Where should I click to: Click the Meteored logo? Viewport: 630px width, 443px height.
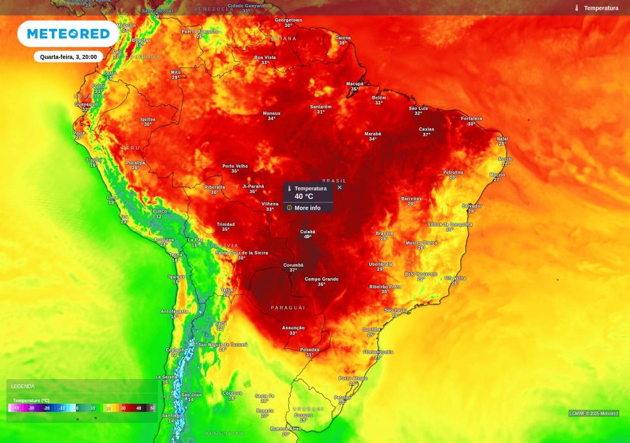point(68,33)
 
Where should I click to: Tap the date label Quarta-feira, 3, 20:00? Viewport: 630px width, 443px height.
point(68,57)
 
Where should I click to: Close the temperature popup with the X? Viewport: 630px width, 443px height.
point(339,187)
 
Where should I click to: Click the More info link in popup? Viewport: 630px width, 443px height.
point(307,208)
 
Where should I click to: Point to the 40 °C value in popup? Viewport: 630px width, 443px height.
point(303,196)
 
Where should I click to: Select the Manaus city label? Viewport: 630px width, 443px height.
point(271,113)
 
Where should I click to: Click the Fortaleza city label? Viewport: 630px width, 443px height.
point(471,118)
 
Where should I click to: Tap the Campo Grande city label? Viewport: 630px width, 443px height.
point(322,279)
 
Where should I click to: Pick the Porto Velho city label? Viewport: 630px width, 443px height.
point(235,166)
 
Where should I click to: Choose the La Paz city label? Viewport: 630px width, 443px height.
point(195,239)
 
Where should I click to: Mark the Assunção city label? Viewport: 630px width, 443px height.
point(293,328)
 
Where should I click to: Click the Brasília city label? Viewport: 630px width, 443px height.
point(384,233)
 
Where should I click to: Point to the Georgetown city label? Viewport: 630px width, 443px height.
point(288,20)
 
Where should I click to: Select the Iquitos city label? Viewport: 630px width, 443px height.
point(148,119)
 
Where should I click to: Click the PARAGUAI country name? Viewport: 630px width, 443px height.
point(288,308)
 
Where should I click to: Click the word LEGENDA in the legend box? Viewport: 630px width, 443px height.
point(23,386)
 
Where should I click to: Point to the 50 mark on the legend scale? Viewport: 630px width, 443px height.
point(153,408)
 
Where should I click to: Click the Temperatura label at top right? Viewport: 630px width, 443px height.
point(601,8)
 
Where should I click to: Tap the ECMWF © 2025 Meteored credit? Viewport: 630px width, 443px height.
point(593,414)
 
